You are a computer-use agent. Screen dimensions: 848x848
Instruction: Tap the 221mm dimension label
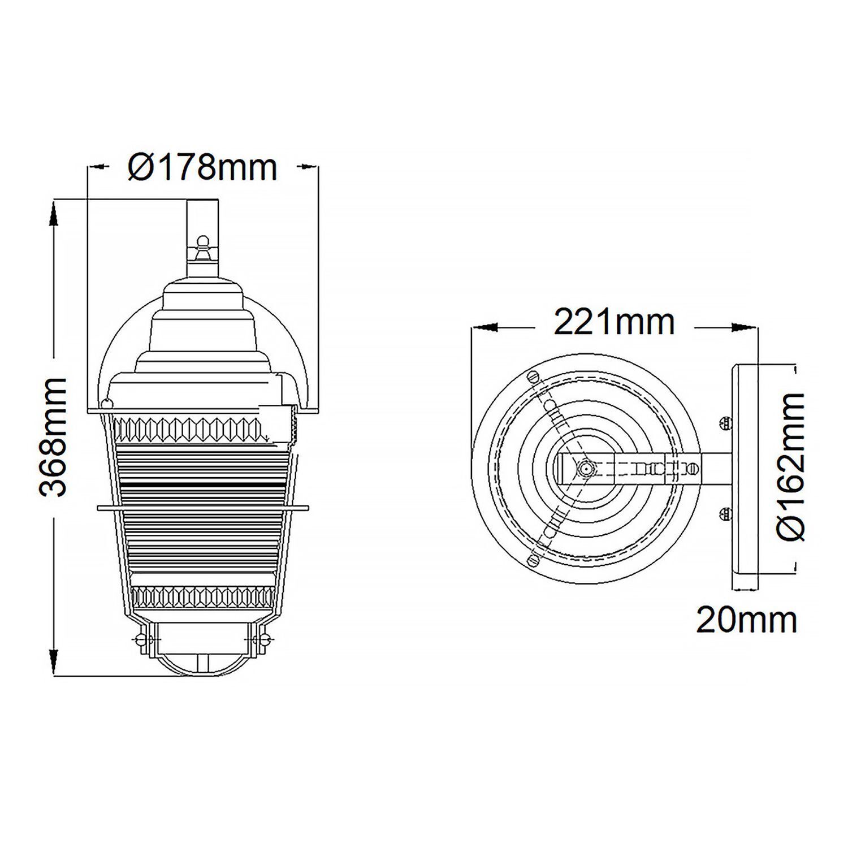[x=614, y=322]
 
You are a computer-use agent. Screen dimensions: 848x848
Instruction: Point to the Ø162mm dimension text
[x=790, y=466]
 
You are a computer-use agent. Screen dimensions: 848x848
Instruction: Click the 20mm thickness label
[x=746, y=620]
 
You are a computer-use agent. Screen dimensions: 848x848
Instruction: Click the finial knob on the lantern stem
[x=202, y=244]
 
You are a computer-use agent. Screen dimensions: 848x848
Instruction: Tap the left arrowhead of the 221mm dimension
[x=484, y=327]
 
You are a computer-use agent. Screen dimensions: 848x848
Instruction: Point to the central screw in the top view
[x=585, y=468]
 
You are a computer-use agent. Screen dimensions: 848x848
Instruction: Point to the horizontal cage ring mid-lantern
[x=202, y=508]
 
